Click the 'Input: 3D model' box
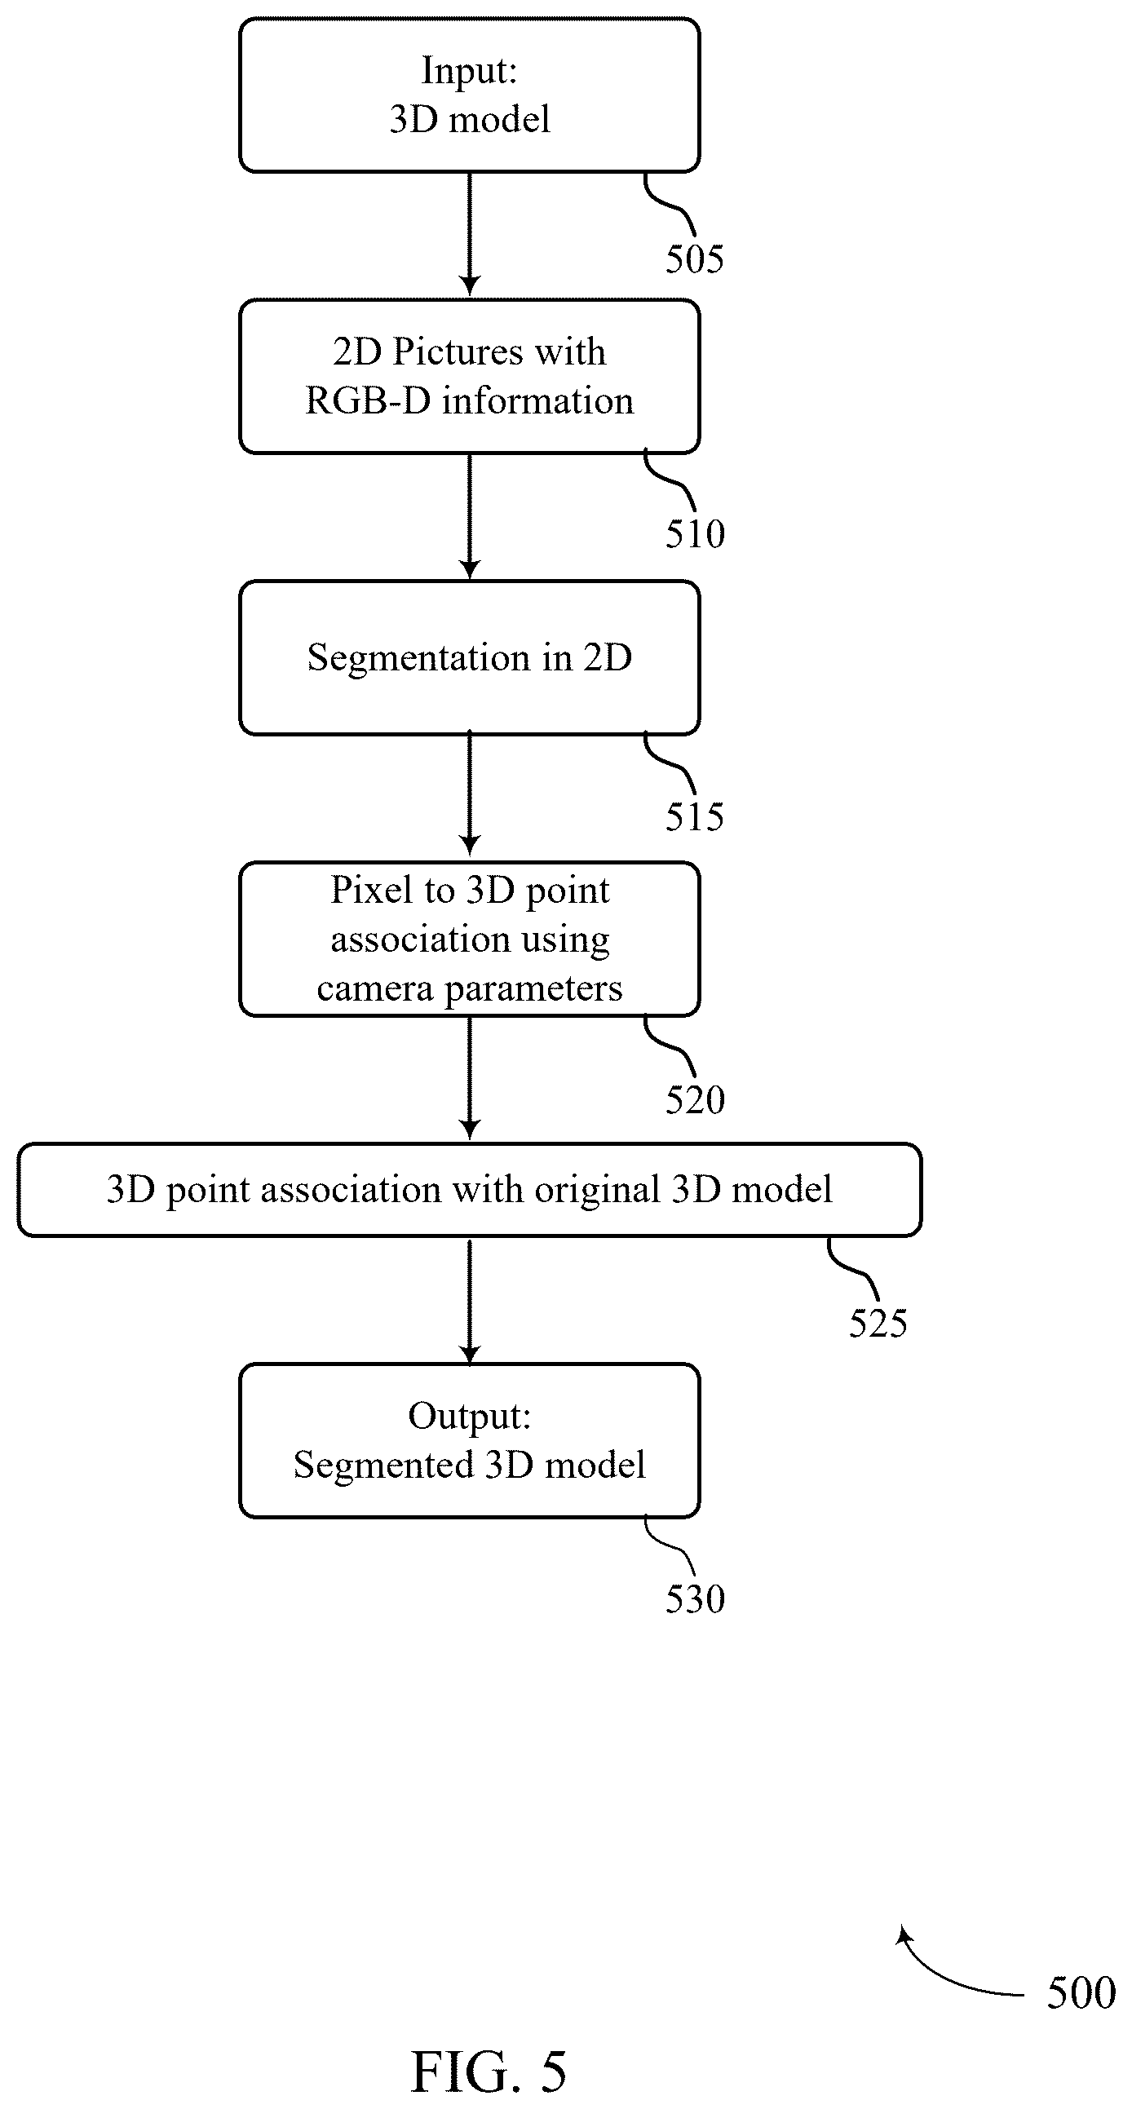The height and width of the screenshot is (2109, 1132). (x=469, y=95)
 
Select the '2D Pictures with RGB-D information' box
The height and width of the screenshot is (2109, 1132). (x=469, y=377)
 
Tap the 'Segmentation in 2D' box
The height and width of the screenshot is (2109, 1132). (x=469, y=657)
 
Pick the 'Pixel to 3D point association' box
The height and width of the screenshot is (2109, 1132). (x=469, y=939)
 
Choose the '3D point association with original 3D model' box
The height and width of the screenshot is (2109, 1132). (x=469, y=1190)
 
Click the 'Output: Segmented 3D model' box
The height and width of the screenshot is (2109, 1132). (x=469, y=1441)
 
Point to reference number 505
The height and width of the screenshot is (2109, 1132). (x=694, y=259)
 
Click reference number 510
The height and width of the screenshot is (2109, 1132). (x=694, y=534)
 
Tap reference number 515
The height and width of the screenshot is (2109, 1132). (x=694, y=816)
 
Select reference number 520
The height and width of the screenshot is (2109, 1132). (x=694, y=1099)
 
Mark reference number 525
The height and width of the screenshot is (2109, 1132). (x=878, y=1323)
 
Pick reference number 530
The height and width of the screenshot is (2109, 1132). (x=694, y=1599)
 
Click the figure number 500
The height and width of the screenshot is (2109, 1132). (x=1081, y=1992)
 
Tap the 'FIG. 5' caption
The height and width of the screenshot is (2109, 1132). (x=488, y=2071)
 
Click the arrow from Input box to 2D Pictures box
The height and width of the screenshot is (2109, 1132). (x=469, y=235)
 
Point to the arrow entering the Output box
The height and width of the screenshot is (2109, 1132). (x=469, y=1302)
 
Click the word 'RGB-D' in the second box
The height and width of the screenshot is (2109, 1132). (x=368, y=401)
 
